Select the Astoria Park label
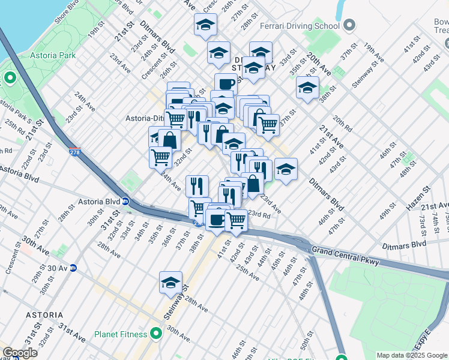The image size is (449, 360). pyautogui.click(x=53, y=55)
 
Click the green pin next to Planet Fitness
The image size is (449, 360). pyautogui.click(x=156, y=332)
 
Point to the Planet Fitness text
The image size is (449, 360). pyautogui.click(x=121, y=334)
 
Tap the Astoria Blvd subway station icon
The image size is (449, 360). pyautogui.click(x=126, y=202)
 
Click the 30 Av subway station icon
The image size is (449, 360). pyautogui.click(x=73, y=268)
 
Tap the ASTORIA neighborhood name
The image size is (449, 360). pyautogui.click(x=44, y=314)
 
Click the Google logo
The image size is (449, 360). pyautogui.click(x=20, y=353)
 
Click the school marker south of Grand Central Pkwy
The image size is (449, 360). pyautogui.click(x=170, y=282)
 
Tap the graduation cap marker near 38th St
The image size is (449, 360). pyautogui.click(x=307, y=88)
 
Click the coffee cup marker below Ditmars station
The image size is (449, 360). pyautogui.click(x=226, y=84)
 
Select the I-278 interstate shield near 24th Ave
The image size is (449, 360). pyautogui.click(x=75, y=152)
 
